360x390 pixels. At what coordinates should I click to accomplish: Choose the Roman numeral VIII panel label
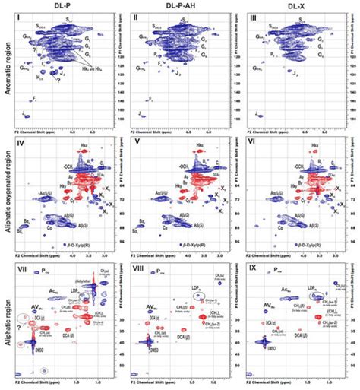tap(137, 268)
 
